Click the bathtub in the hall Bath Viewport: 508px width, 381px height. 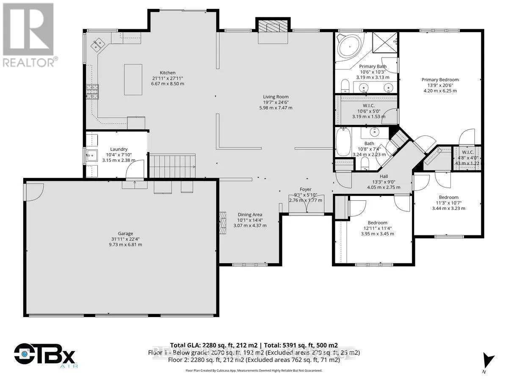point(342,143)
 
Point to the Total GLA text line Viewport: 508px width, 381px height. point(254,345)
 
